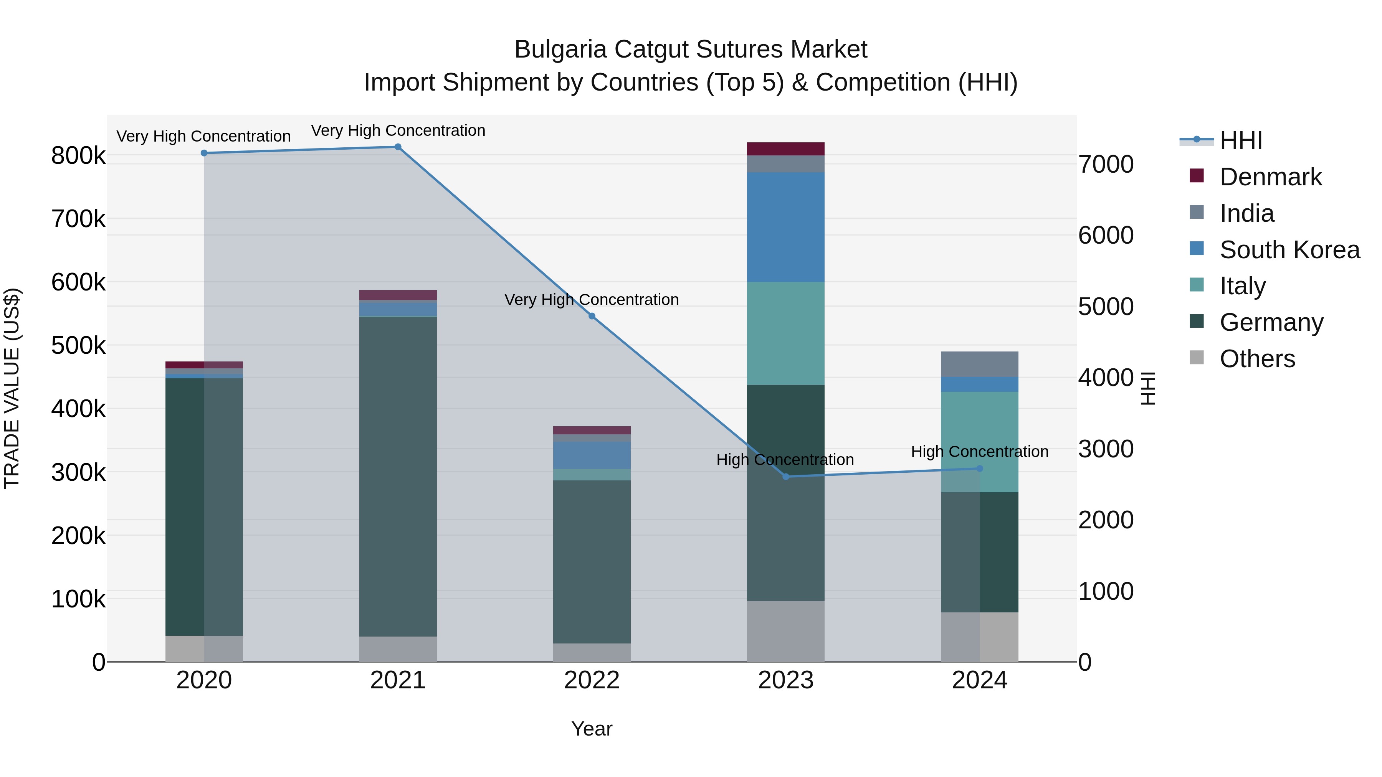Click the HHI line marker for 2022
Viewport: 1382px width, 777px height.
click(592, 317)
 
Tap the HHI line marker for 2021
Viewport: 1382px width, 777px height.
click(398, 147)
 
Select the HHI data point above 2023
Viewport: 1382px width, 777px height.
click(786, 477)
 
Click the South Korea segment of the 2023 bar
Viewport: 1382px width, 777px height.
click(785, 228)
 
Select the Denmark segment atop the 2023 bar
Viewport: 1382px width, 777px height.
click(785, 149)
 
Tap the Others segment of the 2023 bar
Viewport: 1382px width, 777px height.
click(785, 631)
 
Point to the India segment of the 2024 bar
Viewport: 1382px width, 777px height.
click(980, 365)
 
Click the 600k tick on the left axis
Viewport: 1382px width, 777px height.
click(78, 282)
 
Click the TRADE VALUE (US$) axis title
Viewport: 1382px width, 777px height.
click(12, 388)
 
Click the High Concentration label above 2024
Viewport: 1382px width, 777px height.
click(980, 452)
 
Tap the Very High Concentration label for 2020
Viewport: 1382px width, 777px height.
click(203, 137)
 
